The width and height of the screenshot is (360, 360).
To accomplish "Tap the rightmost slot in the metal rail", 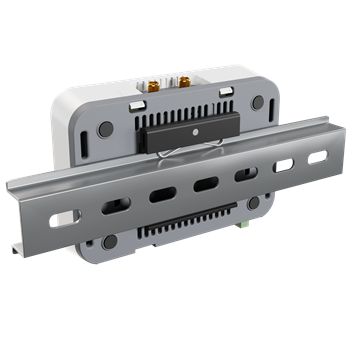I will [317, 157].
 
